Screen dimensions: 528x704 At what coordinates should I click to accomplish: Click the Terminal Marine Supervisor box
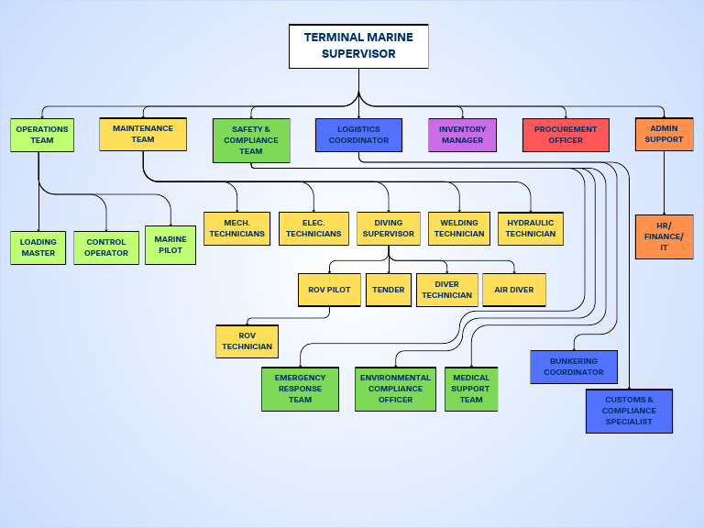pos(358,47)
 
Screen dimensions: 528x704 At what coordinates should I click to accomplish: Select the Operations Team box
pos(41,135)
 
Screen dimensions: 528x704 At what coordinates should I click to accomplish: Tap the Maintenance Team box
pos(143,134)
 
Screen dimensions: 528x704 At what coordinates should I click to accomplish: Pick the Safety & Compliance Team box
pos(251,140)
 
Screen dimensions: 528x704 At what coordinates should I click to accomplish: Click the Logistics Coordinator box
pos(358,135)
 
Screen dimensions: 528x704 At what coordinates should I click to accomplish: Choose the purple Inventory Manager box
pos(462,135)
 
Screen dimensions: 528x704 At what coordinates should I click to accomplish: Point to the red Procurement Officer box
pos(566,135)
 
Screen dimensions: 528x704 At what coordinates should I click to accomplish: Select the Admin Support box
pos(664,134)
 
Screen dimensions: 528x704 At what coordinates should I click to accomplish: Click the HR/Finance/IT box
pos(664,236)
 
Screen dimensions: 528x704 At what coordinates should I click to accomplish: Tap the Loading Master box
pos(38,247)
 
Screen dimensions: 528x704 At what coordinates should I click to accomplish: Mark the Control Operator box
pos(106,247)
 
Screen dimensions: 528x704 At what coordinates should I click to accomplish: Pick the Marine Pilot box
pos(170,245)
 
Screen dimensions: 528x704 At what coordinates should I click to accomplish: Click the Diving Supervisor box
pos(388,228)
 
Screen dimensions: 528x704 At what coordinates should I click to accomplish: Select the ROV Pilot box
pos(329,290)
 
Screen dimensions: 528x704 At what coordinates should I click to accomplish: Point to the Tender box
pos(389,290)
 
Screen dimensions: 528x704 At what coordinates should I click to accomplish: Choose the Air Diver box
pos(514,290)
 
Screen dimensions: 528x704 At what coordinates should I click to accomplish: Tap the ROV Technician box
pos(247,341)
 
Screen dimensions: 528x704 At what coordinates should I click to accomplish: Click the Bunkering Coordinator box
pos(574,367)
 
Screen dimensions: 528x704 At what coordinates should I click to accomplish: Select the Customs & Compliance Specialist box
pos(629,411)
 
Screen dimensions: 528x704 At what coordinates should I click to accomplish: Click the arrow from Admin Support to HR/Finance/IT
pos(664,182)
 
